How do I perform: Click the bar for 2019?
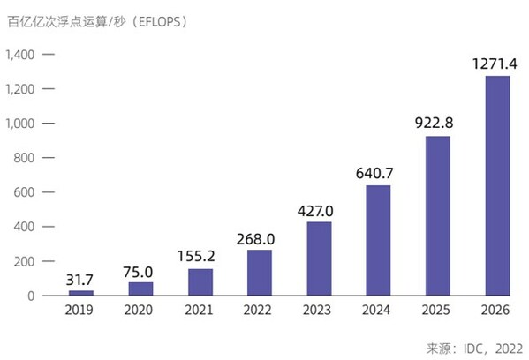point(81,292)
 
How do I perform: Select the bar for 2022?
point(260,272)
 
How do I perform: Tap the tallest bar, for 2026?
point(497,185)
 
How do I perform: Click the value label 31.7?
point(81,280)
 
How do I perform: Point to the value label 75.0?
point(140,272)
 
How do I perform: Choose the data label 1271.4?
point(497,64)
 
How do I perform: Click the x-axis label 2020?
point(140,311)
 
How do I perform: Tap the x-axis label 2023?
point(319,311)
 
